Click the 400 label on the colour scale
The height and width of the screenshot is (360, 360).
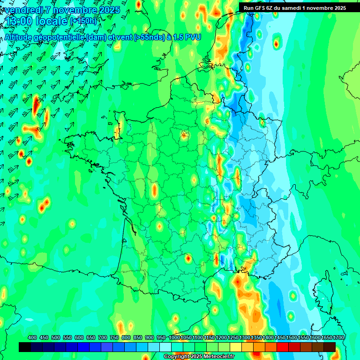pyautogui.click(x=32, y=337)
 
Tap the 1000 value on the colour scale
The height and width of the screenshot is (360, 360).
pyautogui.click(x=174, y=337)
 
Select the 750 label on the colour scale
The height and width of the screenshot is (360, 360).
pyautogui.click(x=114, y=337)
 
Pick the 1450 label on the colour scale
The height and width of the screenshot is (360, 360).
pyautogui.click(x=280, y=337)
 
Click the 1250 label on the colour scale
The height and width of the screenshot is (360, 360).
pyautogui.click(x=233, y=337)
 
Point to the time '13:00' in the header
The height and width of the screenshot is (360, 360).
pyautogui.click(x=17, y=21)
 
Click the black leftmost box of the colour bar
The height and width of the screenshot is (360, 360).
pyautogui.click(x=25, y=347)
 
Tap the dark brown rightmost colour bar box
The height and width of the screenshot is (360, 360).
pyautogui.click(x=330, y=347)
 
